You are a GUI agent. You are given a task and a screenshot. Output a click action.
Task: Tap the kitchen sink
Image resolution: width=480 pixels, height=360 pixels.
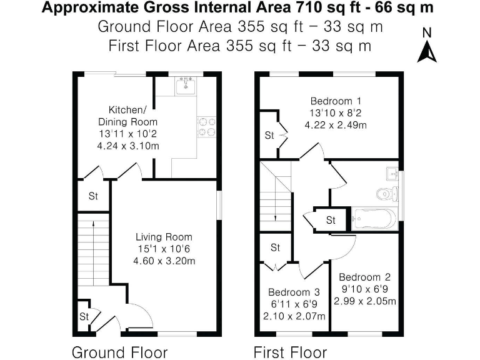[x=184, y=86]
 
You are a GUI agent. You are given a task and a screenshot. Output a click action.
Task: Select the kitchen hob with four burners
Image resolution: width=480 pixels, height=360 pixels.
[x=207, y=127]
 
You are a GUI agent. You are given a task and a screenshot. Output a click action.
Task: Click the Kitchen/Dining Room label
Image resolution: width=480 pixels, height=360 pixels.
[x=128, y=115]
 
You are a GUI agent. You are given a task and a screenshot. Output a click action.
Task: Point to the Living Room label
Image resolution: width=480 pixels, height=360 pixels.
[x=164, y=237]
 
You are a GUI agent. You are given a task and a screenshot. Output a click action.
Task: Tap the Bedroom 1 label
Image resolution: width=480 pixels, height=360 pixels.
[x=336, y=101]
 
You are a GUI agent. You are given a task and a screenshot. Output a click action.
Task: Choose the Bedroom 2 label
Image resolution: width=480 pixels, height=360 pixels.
[x=364, y=277]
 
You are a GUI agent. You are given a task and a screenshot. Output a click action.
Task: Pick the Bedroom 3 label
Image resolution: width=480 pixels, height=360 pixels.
[x=294, y=292]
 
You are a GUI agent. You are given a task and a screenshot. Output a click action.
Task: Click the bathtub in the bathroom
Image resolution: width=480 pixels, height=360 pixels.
[x=374, y=217]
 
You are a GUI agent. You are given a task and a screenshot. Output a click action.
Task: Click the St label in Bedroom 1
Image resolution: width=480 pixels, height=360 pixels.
[x=269, y=135]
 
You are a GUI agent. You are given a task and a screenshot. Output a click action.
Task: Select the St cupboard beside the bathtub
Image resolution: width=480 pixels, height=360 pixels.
[x=331, y=220]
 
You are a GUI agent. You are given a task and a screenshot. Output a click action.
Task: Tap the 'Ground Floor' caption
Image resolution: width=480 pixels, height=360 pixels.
[x=119, y=352]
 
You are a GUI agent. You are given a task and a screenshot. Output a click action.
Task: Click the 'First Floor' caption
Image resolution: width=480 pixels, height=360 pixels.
[x=290, y=352]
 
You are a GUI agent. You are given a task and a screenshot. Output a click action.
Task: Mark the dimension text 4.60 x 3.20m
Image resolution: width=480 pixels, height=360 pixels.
[x=164, y=261]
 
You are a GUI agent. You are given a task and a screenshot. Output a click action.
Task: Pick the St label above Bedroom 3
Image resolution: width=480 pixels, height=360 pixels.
[x=276, y=247]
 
